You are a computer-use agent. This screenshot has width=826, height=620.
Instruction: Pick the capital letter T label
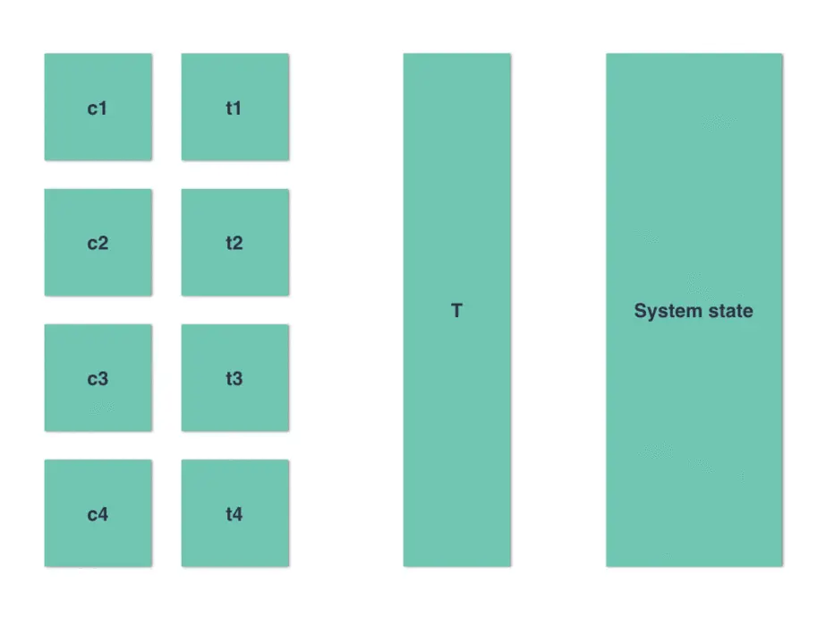[456, 312]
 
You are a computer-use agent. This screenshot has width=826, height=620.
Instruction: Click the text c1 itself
[98, 108]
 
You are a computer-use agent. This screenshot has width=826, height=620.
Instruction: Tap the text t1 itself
[234, 108]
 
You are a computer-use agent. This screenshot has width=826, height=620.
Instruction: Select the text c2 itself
[98, 243]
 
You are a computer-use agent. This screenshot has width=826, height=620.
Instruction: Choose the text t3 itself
[234, 379]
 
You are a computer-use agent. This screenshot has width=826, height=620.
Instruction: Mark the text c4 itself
[98, 514]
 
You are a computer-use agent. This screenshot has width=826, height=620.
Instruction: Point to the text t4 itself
[234, 514]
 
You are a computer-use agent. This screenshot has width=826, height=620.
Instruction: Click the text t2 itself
[234, 243]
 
